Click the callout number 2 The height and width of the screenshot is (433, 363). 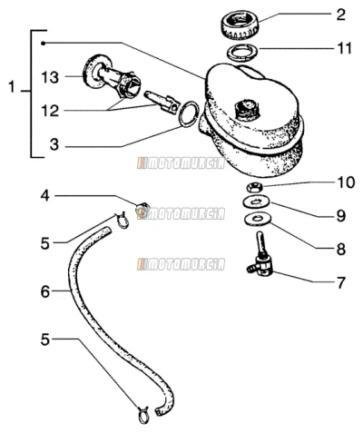(x=340, y=15)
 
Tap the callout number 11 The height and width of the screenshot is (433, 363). (x=345, y=49)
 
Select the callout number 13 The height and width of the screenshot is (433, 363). (x=50, y=77)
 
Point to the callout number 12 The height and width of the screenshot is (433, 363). (x=50, y=111)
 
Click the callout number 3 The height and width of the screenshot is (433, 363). (x=54, y=144)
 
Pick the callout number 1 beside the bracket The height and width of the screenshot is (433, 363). (x=12, y=87)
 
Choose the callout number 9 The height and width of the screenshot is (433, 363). (x=341, y=216)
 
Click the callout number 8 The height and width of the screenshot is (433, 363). (x=341, y=250)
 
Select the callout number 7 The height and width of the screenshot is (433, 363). (x=341, y=283)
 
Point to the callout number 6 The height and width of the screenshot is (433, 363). (x=45, y=292)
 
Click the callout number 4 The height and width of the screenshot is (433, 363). (x=45, y=196)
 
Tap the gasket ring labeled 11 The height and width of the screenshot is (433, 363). (x=242, y=52)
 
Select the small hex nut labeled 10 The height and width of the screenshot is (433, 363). (x=254, y=188)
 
